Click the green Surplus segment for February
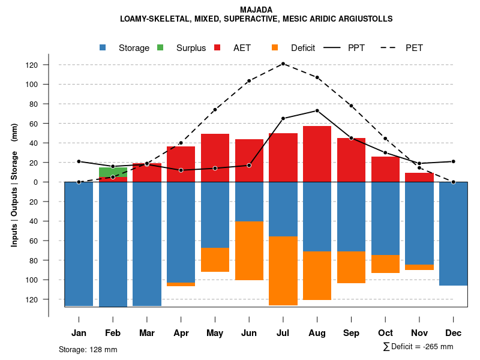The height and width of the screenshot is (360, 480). [x=113, y=172]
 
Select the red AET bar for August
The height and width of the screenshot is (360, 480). [x=317, y=154]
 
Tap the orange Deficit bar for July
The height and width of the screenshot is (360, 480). [x=283, y=271]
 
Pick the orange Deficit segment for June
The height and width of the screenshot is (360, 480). [x=249, y=251]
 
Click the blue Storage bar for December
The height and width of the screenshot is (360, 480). [x=453, y=233]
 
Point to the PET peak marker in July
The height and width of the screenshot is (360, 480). [x=283, y=64]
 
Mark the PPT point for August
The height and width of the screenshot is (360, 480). [x=317, y=110]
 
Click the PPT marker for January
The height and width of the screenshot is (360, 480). [x=79, y=161]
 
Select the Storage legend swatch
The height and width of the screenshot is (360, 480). [x=103, y=48]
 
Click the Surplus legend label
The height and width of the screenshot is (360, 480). [x=191, y=48]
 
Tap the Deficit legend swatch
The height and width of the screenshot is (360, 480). [x=275, y=48]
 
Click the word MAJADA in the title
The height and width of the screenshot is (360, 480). [x=256, y=10]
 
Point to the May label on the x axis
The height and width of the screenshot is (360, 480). [x=215, y=333]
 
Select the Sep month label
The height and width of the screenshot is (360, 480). [x=351, y=333]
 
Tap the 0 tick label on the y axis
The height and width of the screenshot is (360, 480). [x=52, y=182]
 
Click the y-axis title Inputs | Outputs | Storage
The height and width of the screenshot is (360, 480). [x=14, y=185]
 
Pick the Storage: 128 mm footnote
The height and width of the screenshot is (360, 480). [x=88, y=349]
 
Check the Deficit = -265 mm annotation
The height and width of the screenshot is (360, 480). [x=418, y=347]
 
